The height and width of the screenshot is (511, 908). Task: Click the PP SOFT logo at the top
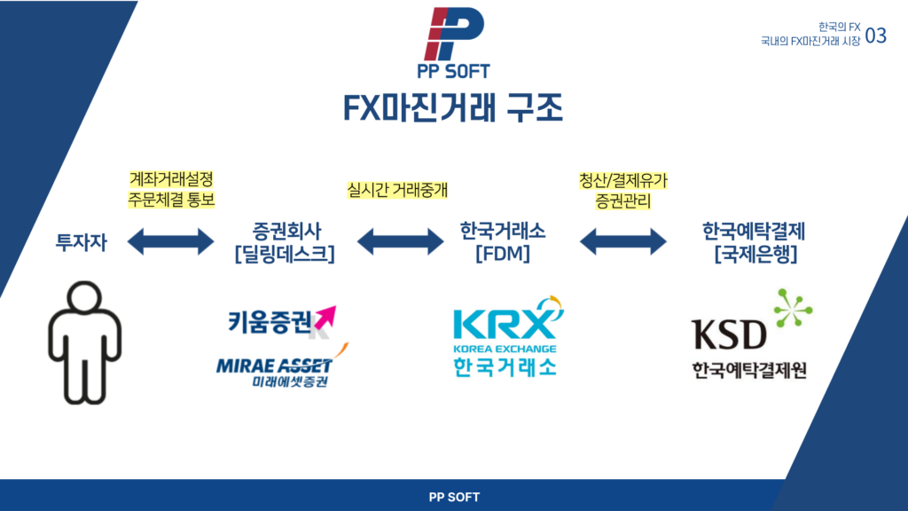click(455, 41)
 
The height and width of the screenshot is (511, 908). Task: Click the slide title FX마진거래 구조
click(453, 107)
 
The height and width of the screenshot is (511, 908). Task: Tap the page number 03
click(875, 35)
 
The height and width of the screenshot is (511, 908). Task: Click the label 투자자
click(81, 241)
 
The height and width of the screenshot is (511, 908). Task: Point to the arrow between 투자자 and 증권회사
click(171, 240)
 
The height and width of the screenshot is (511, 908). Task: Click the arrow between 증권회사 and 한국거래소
click(399, 240)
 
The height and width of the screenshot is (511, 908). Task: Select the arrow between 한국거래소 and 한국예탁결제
click(622, 240)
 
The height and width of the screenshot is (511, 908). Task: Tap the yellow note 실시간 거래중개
click(397, 189)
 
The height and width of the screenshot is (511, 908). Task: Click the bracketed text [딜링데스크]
click(285, 255)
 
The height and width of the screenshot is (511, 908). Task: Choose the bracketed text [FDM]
click(503, 255)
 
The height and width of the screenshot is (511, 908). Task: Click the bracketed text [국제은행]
click(755, 255)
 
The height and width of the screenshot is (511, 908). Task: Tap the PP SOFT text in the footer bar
click(453, 497)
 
